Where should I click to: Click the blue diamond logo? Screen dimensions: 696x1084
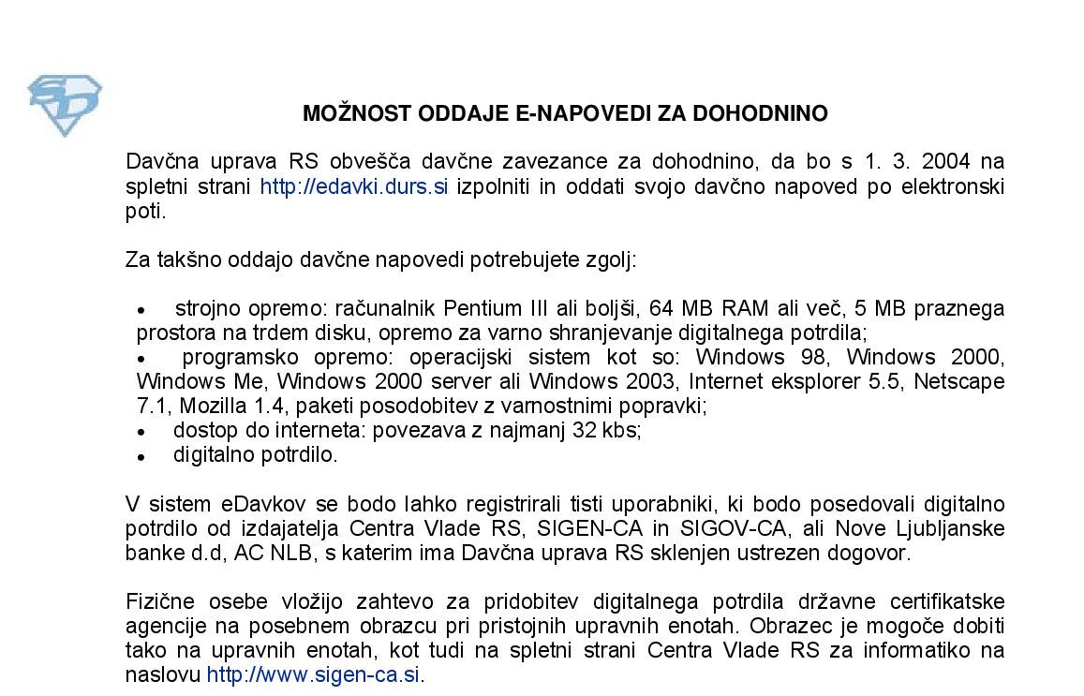[x=65, y=105]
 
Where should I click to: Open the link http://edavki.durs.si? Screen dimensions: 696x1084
[x=353, y=186]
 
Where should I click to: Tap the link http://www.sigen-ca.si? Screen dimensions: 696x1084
[x=314, y=675]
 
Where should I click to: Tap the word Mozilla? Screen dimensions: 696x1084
[x=212, y=407]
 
